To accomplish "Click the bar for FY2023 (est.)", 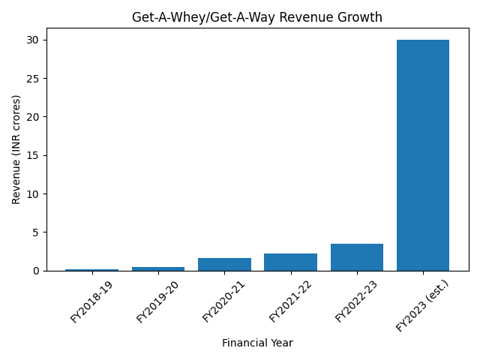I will (423, 155).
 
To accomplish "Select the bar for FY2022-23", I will (357, 257).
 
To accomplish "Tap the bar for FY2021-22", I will (290, 262).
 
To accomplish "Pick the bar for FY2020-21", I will (224, 264).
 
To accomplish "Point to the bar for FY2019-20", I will (158, 268).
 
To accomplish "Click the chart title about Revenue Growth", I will (257, 17).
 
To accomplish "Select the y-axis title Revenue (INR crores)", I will (16, 149).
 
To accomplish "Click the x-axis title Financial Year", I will (257, 343).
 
